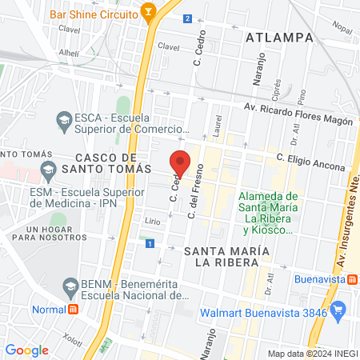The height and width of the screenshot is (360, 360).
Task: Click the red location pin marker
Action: click(181, 162)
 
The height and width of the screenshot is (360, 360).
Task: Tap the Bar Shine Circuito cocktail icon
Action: click(147, 12)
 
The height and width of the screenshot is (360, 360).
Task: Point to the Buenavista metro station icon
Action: click(351, 280)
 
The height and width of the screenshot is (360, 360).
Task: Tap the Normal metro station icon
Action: click(73, 309)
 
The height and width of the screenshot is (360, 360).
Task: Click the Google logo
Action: click(26, 350)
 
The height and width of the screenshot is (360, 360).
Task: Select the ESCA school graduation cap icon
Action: click(64, 121)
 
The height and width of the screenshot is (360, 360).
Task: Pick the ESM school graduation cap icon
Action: click(48, 169)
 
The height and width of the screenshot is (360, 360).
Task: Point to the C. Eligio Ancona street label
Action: click(311, 163)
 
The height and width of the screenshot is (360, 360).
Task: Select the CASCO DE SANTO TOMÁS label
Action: click(112, 162)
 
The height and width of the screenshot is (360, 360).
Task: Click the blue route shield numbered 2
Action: click(187, 18)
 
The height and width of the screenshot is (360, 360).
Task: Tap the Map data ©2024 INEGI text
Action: click(312, 354)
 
